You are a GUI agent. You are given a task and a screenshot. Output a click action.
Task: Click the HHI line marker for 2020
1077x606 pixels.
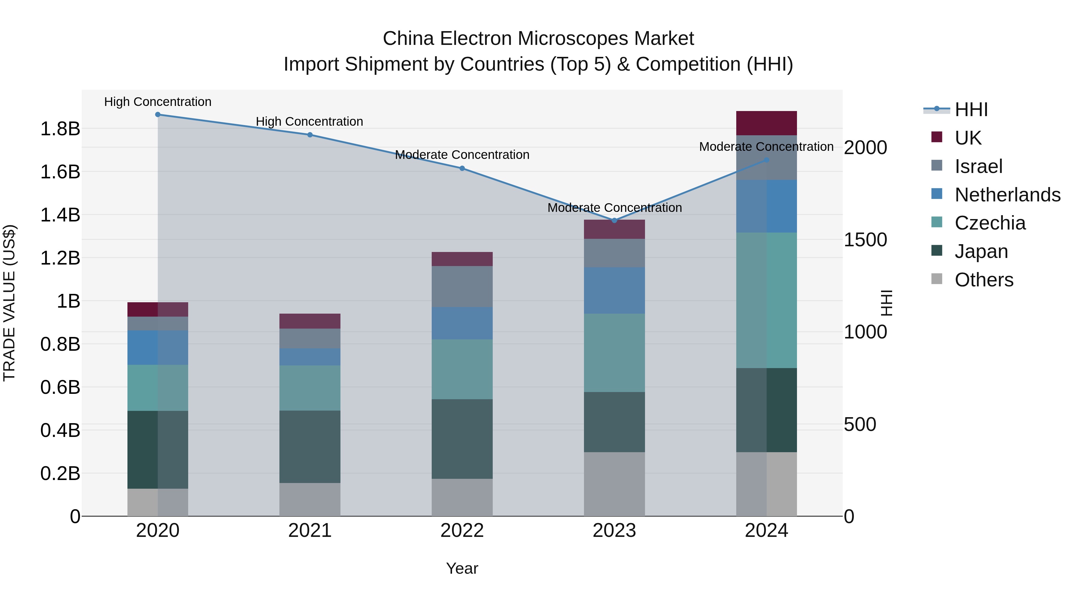coord(158,115)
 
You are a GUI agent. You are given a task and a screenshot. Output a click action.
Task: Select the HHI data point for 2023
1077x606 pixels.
coord(614,220)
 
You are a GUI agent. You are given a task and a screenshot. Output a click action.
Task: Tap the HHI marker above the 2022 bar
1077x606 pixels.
coord(462,168)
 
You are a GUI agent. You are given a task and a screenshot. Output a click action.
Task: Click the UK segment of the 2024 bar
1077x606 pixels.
coord(766,123)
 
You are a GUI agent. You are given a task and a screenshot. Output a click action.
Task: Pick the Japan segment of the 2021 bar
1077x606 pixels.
coord(310,447)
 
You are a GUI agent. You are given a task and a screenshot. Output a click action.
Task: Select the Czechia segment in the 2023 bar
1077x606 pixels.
coord(614,353)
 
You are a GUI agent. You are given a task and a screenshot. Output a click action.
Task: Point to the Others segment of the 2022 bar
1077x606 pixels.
coord(462,497)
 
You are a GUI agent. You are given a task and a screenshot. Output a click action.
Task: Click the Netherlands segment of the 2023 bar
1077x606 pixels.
coord(614,290)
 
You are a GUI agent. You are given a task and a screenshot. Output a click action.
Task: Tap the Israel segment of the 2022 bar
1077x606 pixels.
coord(462,286)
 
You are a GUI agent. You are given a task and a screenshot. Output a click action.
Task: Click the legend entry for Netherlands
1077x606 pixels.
coord(1008,195)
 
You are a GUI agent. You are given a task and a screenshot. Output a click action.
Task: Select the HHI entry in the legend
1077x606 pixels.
coord(971,110)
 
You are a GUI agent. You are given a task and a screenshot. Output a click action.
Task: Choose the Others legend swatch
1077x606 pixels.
coord(937,279)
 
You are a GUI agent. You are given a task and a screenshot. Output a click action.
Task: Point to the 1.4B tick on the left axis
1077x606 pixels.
coord(60,215)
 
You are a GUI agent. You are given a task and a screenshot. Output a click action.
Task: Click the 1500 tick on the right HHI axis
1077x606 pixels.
coord(865,240)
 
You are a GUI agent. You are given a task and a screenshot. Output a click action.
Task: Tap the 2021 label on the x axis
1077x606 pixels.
coord(310,531)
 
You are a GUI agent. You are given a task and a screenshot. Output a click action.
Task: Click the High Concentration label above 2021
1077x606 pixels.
coord(309,122)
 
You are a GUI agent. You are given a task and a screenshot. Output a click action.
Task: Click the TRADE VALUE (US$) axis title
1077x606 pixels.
coord(10,303)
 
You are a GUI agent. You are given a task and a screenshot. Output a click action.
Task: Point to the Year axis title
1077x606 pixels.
coord(462,568)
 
